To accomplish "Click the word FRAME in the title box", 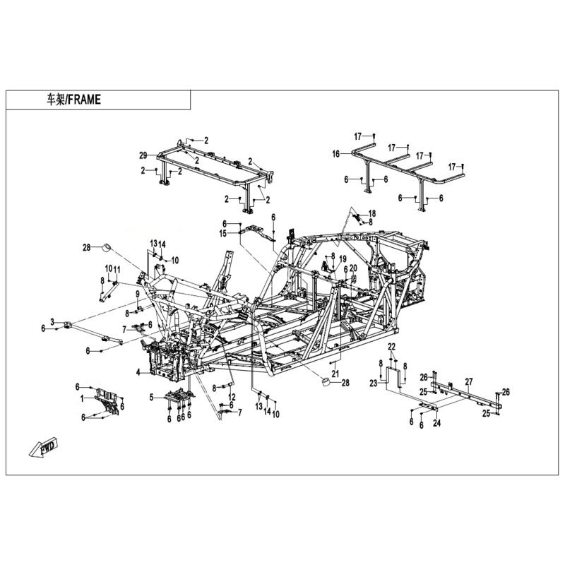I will click(85, 100).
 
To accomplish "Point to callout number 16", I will click(336, 153).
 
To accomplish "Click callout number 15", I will click(222, 233).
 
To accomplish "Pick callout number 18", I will click(372, 213).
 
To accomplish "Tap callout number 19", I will click(342, 258).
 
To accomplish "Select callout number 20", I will click(353, 268).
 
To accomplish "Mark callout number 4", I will click(138, 371).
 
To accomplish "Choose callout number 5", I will click(151, 397).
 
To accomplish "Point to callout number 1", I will click(82, 398).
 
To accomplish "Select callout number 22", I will click(392, 345).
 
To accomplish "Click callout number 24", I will click(436, 424).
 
